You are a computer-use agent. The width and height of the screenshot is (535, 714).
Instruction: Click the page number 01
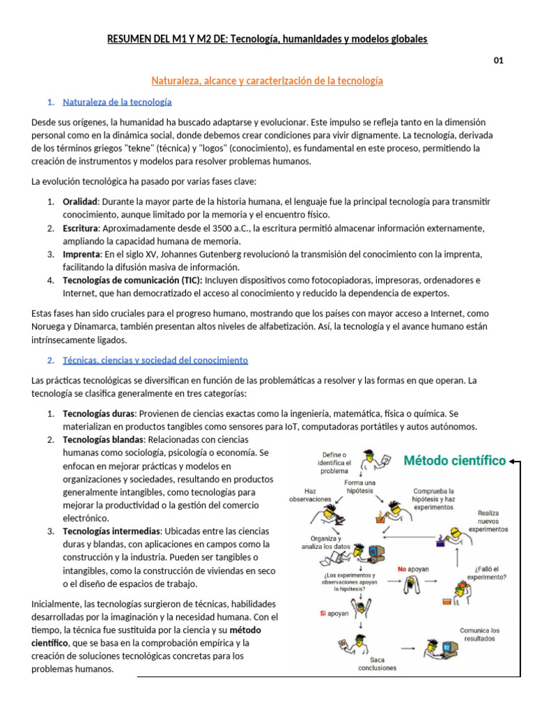click(498, 60)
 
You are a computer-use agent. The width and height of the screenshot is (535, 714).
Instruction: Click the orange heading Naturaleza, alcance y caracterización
click(267, 81)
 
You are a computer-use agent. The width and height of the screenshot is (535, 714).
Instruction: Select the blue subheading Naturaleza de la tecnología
click(117, 102)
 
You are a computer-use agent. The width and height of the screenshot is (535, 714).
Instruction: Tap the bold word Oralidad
click(80, 202)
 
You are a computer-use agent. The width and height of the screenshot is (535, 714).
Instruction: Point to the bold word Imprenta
click(82, 254)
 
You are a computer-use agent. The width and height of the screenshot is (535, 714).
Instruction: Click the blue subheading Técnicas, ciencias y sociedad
click(155, 360)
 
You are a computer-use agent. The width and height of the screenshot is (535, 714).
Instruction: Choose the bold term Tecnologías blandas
click(102, 439)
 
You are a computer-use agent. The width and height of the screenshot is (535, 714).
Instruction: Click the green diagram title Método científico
click(455, 460)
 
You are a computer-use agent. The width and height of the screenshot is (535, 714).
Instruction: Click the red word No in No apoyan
click(402, 569)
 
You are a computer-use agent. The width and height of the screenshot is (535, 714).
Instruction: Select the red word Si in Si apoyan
click(323, 613)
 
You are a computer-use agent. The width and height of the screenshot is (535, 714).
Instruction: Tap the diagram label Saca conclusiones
click(377, 663)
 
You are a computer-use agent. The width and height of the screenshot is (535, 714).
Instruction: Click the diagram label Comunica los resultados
click(479, 634)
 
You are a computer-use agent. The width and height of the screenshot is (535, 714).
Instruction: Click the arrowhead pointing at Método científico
click(513, 461)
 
